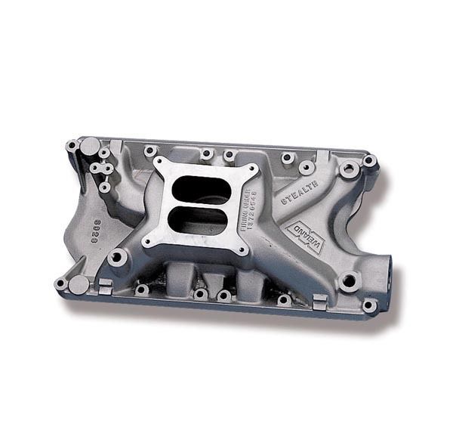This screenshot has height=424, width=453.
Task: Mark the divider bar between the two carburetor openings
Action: coord(199,203)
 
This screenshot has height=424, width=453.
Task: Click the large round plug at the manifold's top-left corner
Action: coord(90,145)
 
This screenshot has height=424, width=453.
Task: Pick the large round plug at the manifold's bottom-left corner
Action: coord(79,284)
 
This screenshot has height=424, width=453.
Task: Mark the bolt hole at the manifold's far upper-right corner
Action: coord(368,161)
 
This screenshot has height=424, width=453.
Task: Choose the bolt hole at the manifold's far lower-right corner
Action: coord(368,305)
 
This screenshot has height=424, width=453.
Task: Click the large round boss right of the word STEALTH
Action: coord(349,169)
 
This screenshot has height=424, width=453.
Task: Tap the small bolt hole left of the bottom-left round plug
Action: coord(60,283)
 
